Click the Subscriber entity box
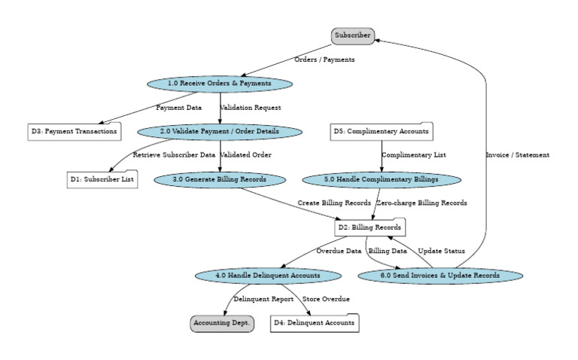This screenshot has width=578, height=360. [x=352, y=35]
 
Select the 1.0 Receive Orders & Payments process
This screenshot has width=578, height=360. [x=220, y=83]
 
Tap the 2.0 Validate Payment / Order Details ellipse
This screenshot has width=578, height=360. [x=220, y=131]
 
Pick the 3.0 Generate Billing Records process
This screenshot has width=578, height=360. [x=220, y=179]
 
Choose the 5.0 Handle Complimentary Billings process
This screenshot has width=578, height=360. [x=382, y=179]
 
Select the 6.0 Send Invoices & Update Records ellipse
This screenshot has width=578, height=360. [x=440, y=276]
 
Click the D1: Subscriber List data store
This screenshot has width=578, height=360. [x=102, y=179]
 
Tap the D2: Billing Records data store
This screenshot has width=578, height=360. [x=369, y=227]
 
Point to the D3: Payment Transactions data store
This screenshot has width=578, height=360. [x=74, y=131]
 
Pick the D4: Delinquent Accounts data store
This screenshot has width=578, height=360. [x=314, y=324]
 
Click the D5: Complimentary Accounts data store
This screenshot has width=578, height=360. [x=382, y=131]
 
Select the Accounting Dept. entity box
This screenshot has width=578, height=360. [x=221, y=324]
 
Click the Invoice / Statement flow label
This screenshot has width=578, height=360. [x=517, y=155]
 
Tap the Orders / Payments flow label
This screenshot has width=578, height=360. [x=324, y=59]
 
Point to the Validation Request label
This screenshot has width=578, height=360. [x=251, y=108]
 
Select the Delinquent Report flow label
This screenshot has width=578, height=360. [x=258, y=300]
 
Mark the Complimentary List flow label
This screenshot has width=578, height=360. [x=413, y=155]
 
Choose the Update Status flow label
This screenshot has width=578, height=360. [x=441, y=251]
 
